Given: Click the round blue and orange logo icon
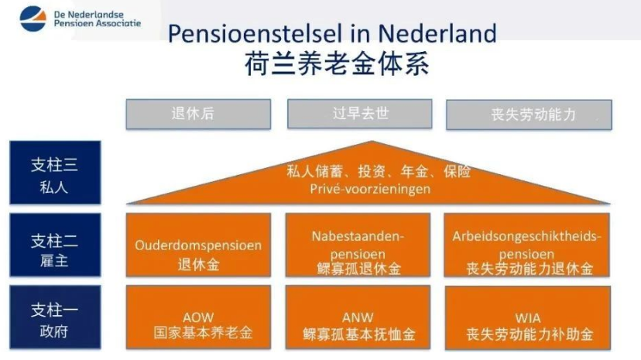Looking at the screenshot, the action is pyautogui.click(x=33, y=19).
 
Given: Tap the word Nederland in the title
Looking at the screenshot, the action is pyautogui.click(x=437, y=33).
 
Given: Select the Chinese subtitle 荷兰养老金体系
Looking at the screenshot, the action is pyautogui.click(x=337, y=63).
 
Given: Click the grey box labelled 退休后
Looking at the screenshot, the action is pyautogui.click(x=198, y=114).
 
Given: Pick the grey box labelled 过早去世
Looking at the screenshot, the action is pyautogui.click(x=360, y=114).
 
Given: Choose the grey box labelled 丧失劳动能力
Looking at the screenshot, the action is pyautogui.click(x=529, y=115).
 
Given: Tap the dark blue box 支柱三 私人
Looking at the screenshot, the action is pyautogui.click(x=55, y=173).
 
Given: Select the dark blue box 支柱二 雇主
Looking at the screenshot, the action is pyautogui.click(x=55, y=245).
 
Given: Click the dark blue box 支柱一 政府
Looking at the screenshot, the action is pyautogui.click(x=55, y=317).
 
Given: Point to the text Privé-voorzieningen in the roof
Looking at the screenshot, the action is pyautogui.click(x=370, y=189).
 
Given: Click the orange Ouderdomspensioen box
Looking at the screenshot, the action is pyautogui.click(x=198, y=245).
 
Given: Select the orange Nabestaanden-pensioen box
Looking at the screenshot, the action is pyautogui.click(x=358, y=245).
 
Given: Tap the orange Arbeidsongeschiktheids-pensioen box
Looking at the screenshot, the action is pyautogui.click(x=527, y=245).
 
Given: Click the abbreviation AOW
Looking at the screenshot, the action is pyautogui.click(x=198, y=317).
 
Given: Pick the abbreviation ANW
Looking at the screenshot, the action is pyautogui.click(x=358, y=317).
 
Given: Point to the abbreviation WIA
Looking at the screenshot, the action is pyautogui.click(x=528, y=318).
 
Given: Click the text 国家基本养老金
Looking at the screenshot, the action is pyautogui.click(x=203, y=333).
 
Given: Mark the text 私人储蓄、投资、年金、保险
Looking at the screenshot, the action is pyautogui.click(x=378, y=172).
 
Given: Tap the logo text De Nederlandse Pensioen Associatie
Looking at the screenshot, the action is pyautogui.click(x=98, y=19).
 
